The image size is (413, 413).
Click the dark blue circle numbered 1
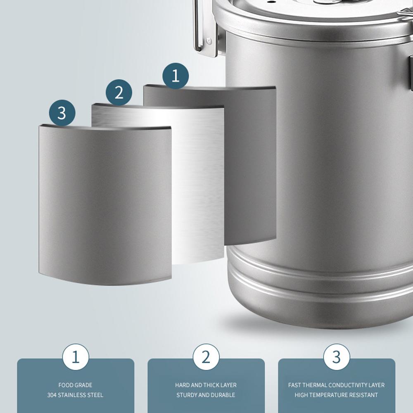pyautogui.click(x=176, y=76)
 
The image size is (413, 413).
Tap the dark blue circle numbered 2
pyautogui.click(x=119, y=92)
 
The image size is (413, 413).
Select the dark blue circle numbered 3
pyautogui.click(x=62, y=112)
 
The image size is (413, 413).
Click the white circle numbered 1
pyautogui.click(x=75, y=357)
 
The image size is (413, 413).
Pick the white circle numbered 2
pyautogui.click(x=206, y=357)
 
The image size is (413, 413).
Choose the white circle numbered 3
pyautogui.click(x=336, y=357)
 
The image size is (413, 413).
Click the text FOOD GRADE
pyautogui.click(x=75, y=385)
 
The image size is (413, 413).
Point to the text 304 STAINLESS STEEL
pyautogui.click(x=75, y=395)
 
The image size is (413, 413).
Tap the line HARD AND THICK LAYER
pyautogui.click(x=206, y=385)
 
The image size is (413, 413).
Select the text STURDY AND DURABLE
pyautogui.click(x=206, y=395)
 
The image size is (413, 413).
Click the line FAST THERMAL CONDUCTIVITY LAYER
pyautogui.click(x=336, y=385)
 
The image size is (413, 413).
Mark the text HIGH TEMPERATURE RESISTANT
pyautogui.click(x=336, y=395)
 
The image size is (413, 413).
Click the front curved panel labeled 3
pyautogui.click(x=105, y=206)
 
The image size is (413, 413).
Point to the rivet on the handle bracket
pyautogui.click(x=209, y=40)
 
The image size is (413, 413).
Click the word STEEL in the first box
pyautogui.click(x=95, y=395)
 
